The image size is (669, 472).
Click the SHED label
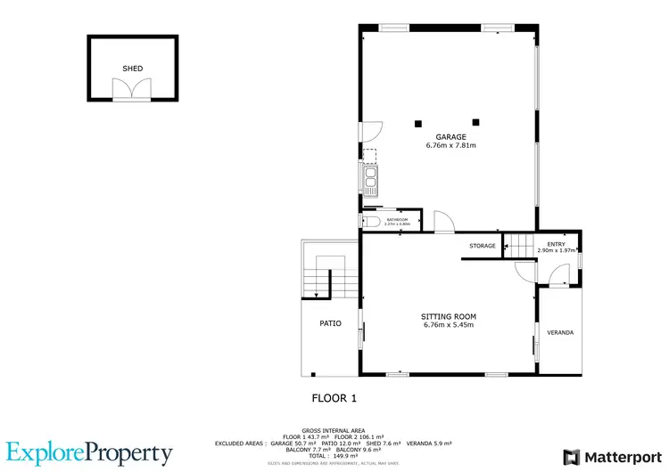click(x=132, y=68)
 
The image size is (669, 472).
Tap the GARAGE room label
click(x=450, y=137)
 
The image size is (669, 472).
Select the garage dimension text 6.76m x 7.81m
click(x=450, y=145)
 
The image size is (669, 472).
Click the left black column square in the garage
click(x=417, y=123)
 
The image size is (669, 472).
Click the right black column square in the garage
click(x=476, y=122)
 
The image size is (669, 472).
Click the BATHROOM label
click(x=397, y=219)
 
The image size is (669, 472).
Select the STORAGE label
click(x=483, y=245)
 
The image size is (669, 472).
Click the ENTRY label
click(x=556, y=244)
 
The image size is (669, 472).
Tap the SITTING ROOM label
click(x=448, y=316)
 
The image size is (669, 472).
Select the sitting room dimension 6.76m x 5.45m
click(x=448, y=325)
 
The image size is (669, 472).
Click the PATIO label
click(x=331, y=323)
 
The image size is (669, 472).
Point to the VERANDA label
click(x=560, y=333)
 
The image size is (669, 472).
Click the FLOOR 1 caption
click(x=334, y=398)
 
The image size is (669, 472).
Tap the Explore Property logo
click(x=89, y=453)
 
